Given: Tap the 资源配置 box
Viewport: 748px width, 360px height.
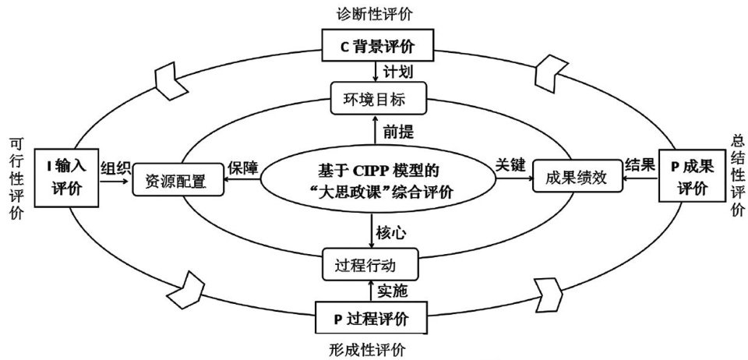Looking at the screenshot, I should pyautogui.click(x=175, y=181).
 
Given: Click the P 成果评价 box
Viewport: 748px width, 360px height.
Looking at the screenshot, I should pyautogui.click(x=691, y=176).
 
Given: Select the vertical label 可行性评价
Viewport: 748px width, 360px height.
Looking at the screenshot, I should pyautogui.click(x=15, y=179).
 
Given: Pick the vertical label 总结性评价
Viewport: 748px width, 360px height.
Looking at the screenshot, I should pyautogui.click(x=737, y=174).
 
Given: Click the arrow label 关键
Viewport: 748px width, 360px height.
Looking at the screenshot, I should pyautogui.click(x=510, y=166).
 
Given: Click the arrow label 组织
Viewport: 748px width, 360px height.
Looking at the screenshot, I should pyautogui.click(x=115, y=166).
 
